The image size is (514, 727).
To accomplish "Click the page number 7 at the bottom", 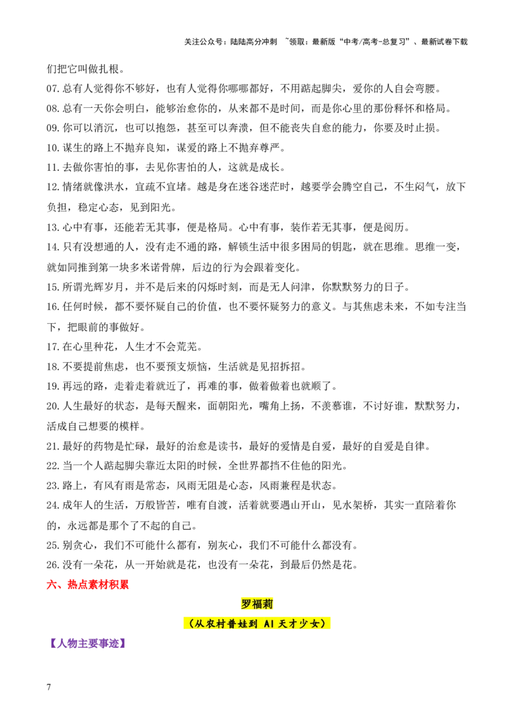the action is coord(49,687).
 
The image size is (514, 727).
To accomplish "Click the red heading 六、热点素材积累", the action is coord(87,584).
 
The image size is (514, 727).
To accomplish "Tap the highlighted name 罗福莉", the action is coord(257,604).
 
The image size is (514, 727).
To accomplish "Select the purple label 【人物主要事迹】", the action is coord(87,643).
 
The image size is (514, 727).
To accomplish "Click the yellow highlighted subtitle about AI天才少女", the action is coord(257,624).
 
